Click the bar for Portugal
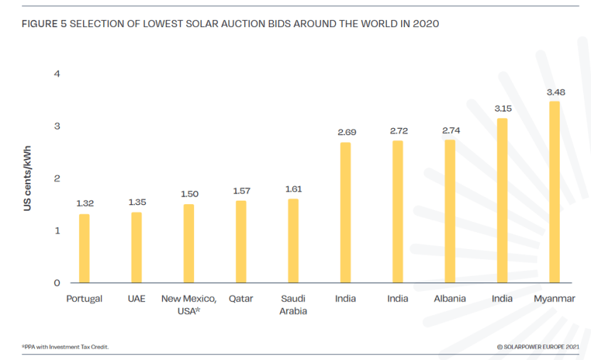pos(84,248)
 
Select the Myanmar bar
pos(554,192)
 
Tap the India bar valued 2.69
pos(346,213)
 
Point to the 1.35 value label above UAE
pos(137,203)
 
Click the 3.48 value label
pos(555,92)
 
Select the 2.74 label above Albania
pos(451,131)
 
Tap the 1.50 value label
pos(188,194)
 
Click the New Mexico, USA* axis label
pos(188,305)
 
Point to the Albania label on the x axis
pos(449,299)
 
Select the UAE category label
pos(137,299)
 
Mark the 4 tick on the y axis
pos(57,74)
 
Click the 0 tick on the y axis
pos(57,283)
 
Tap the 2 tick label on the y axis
pos(57,179)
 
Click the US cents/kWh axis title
pos(27,179)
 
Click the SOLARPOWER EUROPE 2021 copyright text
pos(538,347)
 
